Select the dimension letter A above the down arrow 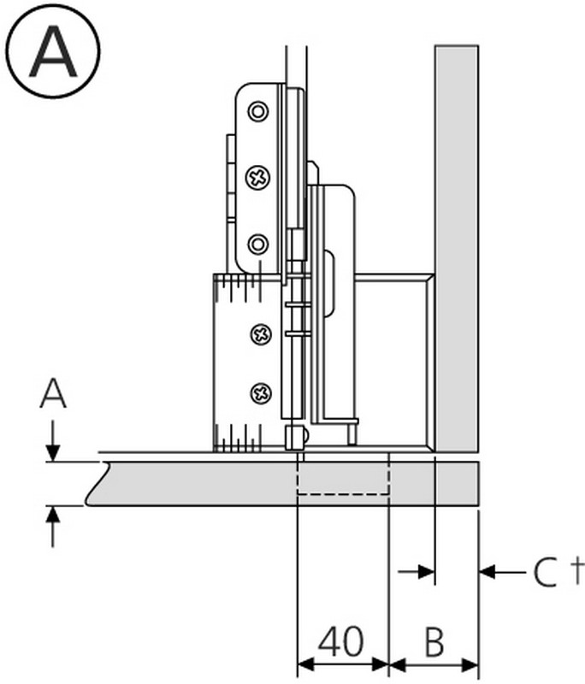point(53,394)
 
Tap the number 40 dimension point(341,640)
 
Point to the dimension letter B point(434,640)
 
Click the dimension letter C point(545,572)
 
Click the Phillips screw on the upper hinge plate point(257,178)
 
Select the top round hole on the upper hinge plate point(257,111)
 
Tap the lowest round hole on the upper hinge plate point(257,245)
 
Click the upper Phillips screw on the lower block point(261,334)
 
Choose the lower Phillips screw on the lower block point(261,393)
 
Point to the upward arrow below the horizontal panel point(53,523)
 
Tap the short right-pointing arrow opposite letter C point(419,571)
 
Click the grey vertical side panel point(456,248)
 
